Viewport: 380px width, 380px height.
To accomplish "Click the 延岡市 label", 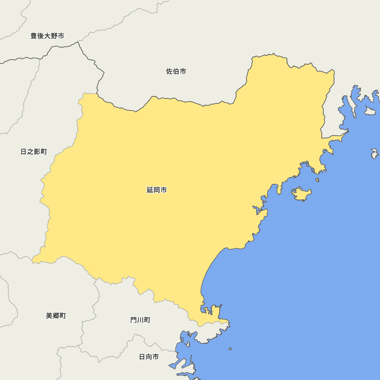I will (157, 190).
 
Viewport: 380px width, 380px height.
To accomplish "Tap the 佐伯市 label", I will (176, 71).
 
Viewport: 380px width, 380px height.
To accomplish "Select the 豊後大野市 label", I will (47, 36).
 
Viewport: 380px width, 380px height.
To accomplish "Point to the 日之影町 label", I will (34, 152).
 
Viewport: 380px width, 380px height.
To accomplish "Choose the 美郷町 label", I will (56, 316).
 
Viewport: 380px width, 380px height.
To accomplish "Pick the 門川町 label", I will (140, 320).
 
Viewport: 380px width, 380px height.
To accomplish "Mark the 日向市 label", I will (149, 357).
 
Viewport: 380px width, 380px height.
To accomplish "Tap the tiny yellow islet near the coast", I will (318, 180).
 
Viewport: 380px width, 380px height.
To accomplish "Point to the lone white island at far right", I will (375, 154).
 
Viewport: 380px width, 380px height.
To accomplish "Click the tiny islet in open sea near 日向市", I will (230, 348).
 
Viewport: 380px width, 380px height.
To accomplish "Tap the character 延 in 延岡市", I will (150, 190).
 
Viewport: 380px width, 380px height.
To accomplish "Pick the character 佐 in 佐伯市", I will (169, 71).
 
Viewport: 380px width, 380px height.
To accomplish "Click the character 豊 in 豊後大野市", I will (34, 36).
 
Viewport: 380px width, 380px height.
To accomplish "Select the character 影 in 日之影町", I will (37, 152).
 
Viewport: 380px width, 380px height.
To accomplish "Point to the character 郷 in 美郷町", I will (56, 316).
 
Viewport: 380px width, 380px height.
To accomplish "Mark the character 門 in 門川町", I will (134, 320).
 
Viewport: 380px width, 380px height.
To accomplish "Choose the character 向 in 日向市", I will (149, 357).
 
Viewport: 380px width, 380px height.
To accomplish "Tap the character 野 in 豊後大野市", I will (54, 36).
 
